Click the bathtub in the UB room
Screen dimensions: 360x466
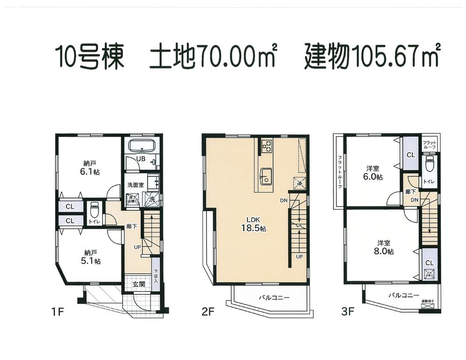click(x=143, y=146)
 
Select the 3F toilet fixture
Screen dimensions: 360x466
click(x=429, y=164)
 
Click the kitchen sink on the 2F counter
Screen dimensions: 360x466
click(x=267, y=176)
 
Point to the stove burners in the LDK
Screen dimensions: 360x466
click(x=267, y=146)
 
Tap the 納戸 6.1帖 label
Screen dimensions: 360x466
click(x=89, y=167)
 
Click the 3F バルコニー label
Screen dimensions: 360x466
click(x=404, y=295)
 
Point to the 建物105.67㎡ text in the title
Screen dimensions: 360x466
click(x=372, y=56)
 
